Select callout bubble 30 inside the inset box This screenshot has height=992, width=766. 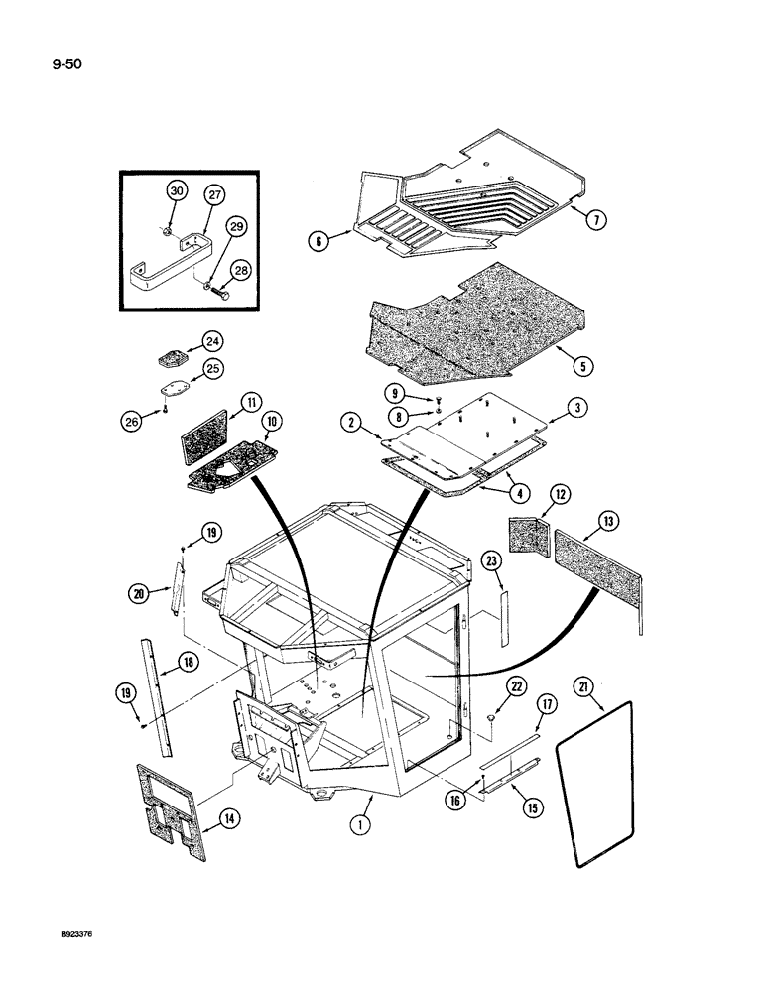click(x=176, y=191)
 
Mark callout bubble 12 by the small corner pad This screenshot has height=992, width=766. click(x=561, y=493)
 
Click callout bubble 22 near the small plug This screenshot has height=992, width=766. click(x=516, y=686)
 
